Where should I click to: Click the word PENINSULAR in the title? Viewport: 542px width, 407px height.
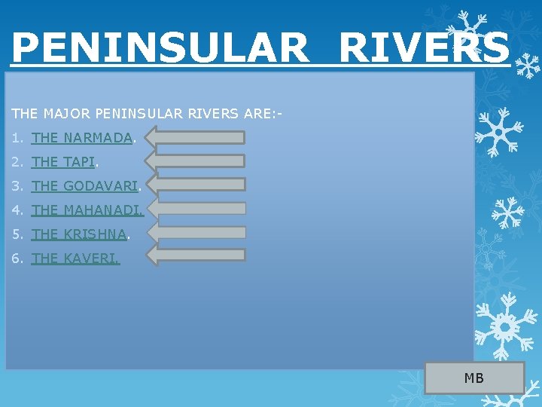[x=160, y=47]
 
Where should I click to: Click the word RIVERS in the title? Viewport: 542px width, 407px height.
[x=425, y=47]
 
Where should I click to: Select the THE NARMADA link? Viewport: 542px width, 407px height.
[x=82, y=138]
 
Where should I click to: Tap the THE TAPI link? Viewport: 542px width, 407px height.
[x=64, y=162]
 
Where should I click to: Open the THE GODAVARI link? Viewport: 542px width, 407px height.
[x=85, y=186]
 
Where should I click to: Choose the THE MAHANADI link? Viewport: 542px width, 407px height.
[x=87, y=210]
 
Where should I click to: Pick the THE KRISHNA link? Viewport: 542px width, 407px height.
[x=79, y=234]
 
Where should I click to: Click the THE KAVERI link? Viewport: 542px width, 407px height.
[x=75, y=259]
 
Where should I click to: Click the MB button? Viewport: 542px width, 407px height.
[x=474, y=378]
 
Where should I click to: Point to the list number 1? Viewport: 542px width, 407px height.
[x=17, y=138]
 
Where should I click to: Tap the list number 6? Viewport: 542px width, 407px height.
[x=17, y=259]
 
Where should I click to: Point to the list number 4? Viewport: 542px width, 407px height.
[x=17, y=210]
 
